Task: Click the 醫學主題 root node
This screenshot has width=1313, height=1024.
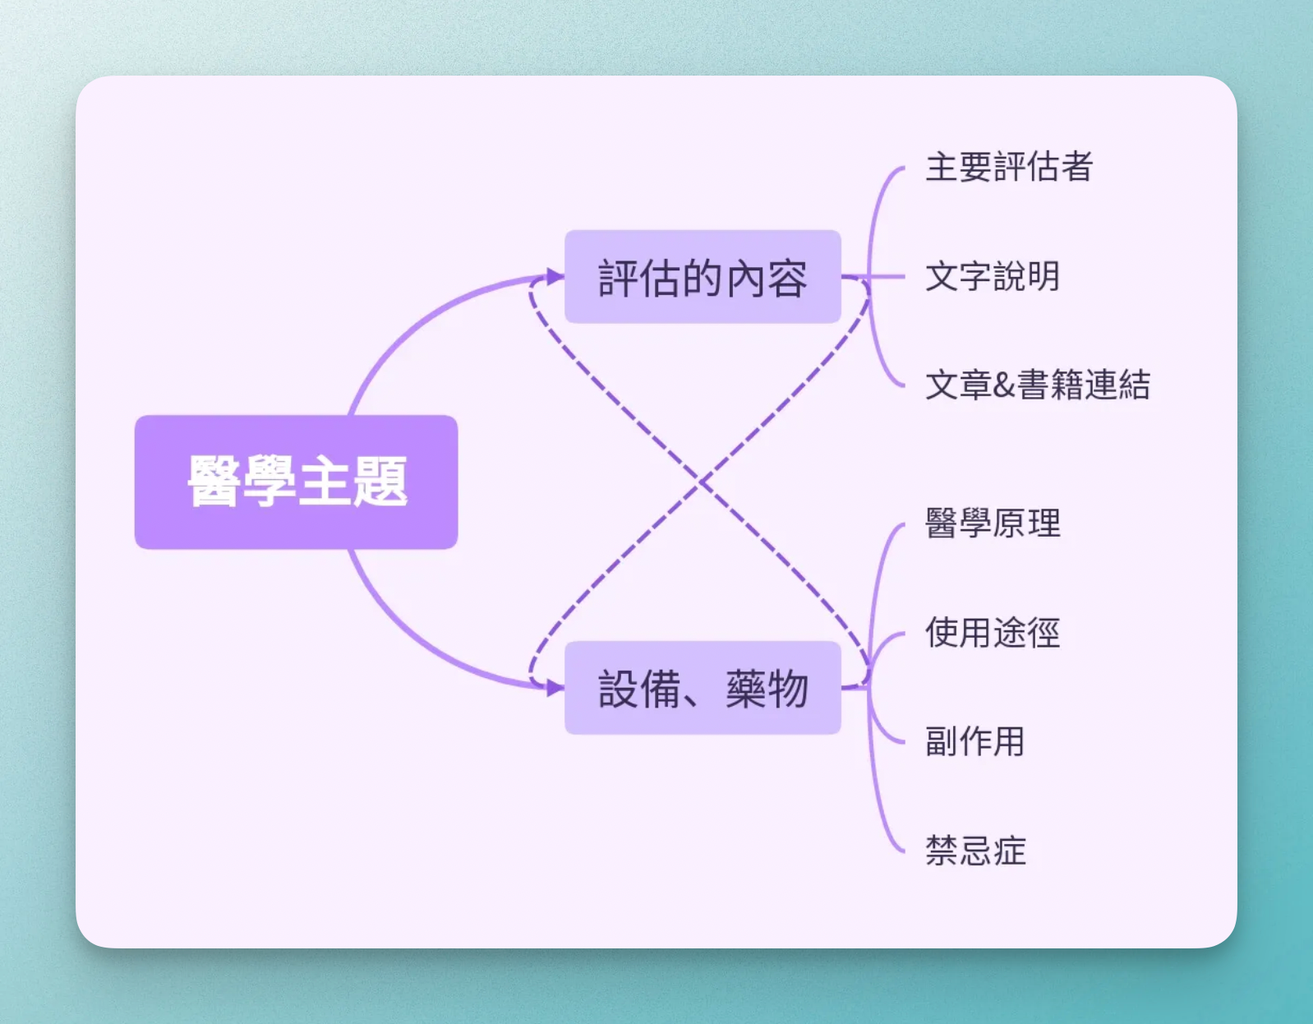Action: click(x=296, y=482)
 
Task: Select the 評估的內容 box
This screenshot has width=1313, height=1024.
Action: click(x=703, y=277)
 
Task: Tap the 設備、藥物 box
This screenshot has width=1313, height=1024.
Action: click(x=703, y=688)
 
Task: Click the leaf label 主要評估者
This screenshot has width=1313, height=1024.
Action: click(x=1009, y=167)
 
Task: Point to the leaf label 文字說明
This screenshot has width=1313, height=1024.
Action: click(x=993, y=276)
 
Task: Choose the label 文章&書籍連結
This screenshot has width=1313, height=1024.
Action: click(x=1038, y=385)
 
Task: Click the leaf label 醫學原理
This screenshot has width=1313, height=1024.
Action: click(x=993, y=523)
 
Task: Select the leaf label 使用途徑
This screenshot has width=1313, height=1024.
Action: click(x=993, y=633)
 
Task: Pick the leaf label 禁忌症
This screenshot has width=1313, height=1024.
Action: click(x=975, y=851)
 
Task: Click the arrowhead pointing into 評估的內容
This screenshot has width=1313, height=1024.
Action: click(x=555, y=276)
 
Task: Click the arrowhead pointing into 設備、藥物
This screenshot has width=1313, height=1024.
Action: click(x=555, y=688)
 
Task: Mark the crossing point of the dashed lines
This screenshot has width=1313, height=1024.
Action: click(x=701, y=482)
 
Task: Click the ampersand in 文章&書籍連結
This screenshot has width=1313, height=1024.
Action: click(x=1003, y=385)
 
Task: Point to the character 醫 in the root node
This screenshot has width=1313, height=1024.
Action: click(x=214, y=482)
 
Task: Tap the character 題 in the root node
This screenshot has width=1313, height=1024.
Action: click(x=380, y=482)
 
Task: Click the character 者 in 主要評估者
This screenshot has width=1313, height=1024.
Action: click(x=1076, y=167)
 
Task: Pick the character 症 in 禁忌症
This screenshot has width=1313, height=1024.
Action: click(x=1009, y=851)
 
